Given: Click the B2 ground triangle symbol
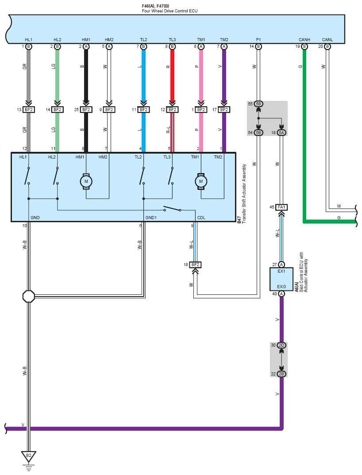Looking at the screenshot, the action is [28, 456].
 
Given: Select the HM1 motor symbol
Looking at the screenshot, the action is [86, 182].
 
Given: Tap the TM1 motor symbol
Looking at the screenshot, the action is [201, 182].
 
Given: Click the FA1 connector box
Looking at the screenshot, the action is [281, 207].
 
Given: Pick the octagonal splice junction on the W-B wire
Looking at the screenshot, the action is [28, 296].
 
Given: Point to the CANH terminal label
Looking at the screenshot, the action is [304, 40].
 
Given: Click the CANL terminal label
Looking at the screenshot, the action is [327, 40].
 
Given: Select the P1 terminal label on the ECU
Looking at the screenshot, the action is [258, 40].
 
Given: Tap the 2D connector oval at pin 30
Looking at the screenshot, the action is [281, 345].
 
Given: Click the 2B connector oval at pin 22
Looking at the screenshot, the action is [281, 374].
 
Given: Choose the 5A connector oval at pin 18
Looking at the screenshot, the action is [281, 133].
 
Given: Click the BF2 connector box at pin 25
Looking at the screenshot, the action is [86, 109].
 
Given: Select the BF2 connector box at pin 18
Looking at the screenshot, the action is [196, 265].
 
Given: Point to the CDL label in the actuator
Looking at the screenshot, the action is [201, 217].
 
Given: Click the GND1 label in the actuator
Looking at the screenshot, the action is [151, 217].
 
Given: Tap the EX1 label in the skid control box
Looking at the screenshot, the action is [281, 271].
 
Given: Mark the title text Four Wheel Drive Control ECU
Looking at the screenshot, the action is [169, 11].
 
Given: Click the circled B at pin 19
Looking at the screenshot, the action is [304, 46].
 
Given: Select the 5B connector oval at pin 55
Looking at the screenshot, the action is [258, 104].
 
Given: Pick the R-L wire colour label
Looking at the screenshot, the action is [168, 130].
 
